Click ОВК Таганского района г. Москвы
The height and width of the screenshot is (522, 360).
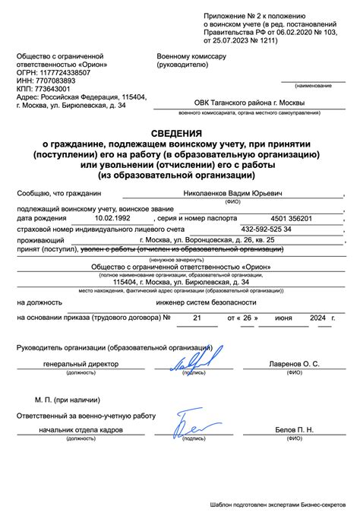(x=238, y=104)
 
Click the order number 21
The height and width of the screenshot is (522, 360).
(x=198, y=318)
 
